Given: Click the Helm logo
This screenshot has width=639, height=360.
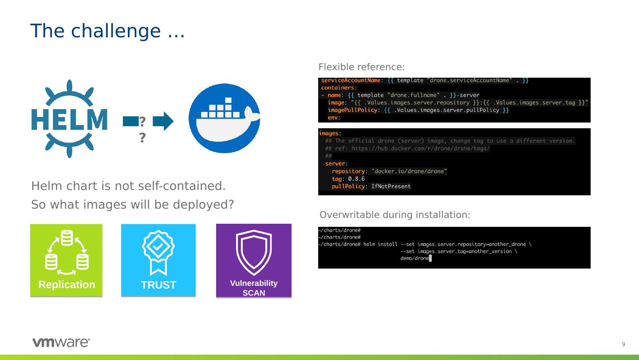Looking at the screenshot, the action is point(69,119).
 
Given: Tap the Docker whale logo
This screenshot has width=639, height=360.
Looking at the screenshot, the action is point(224,118).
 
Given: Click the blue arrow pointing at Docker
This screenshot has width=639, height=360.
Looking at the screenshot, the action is point(163,121).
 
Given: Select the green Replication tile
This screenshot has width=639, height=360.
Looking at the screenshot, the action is point(66,260).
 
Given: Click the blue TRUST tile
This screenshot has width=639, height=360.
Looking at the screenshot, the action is point(158,260).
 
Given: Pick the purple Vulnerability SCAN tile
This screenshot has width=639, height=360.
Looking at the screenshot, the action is point(254,261).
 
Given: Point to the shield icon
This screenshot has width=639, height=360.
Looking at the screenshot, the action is point(254,252).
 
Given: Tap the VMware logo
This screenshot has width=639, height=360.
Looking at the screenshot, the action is point(61,342).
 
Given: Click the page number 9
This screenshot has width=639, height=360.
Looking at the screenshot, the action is point(623,344).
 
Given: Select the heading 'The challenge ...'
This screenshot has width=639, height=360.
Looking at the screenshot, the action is point(107,31).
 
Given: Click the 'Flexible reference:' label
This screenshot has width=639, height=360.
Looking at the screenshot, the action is point(361,67).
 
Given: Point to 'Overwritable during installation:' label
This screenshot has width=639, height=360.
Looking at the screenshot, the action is point(395,215).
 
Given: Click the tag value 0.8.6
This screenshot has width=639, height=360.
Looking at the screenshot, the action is point(356,179).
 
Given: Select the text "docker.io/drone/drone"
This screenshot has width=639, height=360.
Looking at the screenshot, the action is point(409,171).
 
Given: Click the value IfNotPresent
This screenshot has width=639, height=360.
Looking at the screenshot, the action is point(391,186).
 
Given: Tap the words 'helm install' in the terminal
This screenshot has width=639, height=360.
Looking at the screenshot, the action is point(380,244).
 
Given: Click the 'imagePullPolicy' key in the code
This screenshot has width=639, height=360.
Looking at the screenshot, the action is point(352,110).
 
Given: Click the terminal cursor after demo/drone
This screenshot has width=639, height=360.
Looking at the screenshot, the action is point(430,258).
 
